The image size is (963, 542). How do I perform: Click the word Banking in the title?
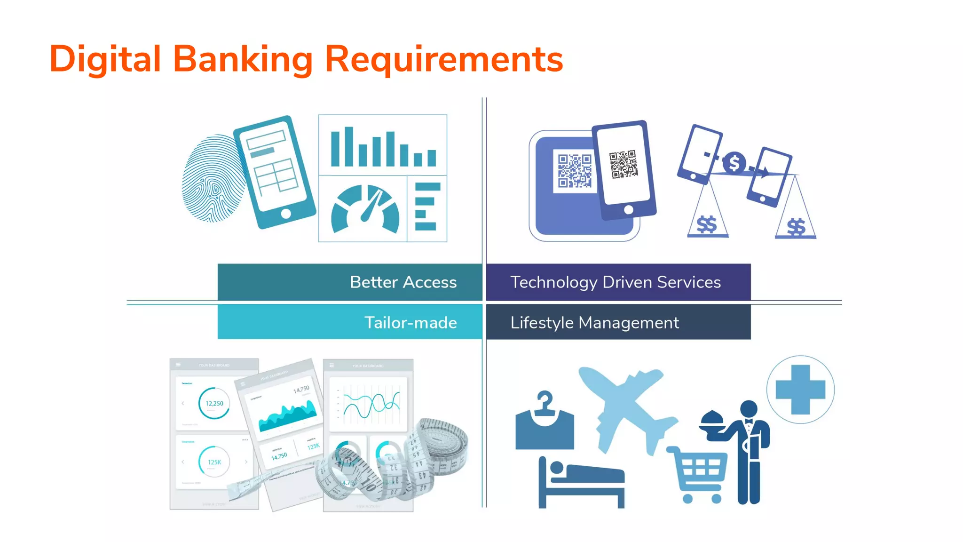pos(243,59)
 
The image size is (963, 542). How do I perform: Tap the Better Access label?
pos(403,282)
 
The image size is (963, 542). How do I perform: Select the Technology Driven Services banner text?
pos(616,282)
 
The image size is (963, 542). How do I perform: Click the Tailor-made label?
pos(410,323)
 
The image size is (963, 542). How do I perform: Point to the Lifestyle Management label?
pos(594,323)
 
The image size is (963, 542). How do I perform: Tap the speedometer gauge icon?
pos(365,210)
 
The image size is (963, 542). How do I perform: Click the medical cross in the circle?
pos(800,390)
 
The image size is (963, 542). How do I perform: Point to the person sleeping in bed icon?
pos(582,482)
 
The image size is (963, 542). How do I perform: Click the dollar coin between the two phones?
pos(734,163)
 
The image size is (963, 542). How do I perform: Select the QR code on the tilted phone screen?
pos(624,164)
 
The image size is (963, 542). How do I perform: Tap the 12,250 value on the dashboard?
pos(214,403)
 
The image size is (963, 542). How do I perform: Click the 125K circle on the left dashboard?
pos(214,462)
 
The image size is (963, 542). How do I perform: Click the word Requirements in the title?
pos(444,59)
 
